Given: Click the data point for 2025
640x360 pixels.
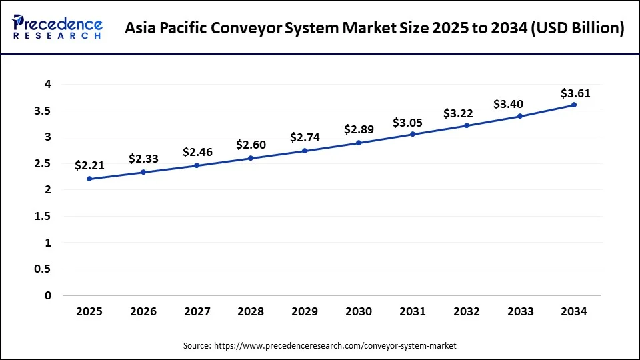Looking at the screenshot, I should point(89,179).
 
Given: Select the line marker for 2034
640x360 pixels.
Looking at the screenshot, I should point(574,105).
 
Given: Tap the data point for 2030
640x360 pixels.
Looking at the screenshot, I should point(359,143).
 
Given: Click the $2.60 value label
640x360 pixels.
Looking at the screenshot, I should point(251,145).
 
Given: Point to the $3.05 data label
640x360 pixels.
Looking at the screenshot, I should point(407,122).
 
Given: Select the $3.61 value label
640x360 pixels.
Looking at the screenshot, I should point(575,93).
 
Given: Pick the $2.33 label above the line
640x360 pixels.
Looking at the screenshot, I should point(143,159).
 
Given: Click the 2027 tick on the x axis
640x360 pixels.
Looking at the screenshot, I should point(197,311).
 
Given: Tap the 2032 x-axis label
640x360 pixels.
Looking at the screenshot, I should point(467,311).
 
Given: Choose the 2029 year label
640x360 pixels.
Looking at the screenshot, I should point(305,311).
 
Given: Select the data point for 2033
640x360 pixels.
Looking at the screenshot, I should point(520,116).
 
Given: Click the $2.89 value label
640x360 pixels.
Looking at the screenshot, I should point(359,129).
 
